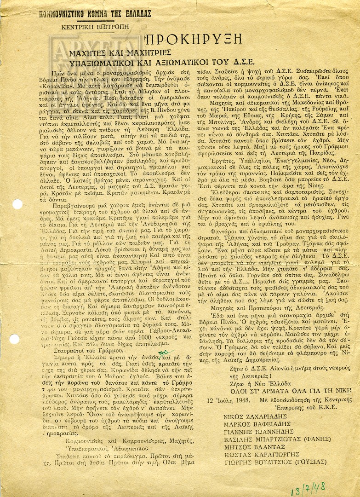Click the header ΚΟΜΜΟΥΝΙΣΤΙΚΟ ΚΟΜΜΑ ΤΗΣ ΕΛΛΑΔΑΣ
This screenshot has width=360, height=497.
(95, 13)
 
